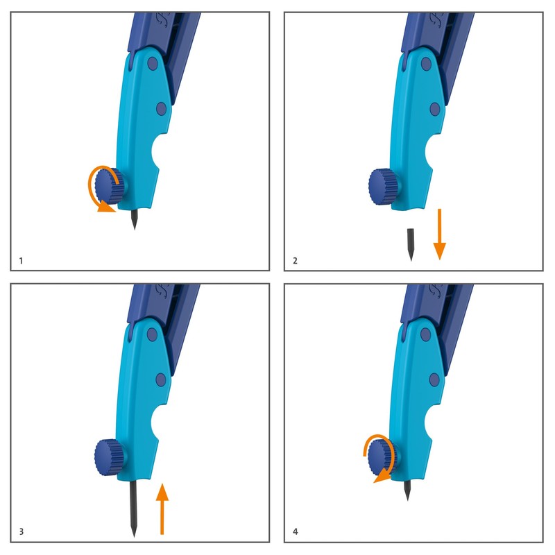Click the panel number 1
click(x=21, y=261)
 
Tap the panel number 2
click(x=296, y=261)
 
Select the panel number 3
click(x=22, y=532)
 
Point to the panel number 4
click(x=296, y=532)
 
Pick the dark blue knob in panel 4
click(x=384, y=456)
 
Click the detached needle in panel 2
click(x=411, y=244)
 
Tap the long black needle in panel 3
click(x=133, y=506)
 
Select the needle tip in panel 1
click(x=133, y=226)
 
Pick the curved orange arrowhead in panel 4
click(x=379, y=478)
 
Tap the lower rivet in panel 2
click(x=435, y=108)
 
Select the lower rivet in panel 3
click(x=161, y=379)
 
